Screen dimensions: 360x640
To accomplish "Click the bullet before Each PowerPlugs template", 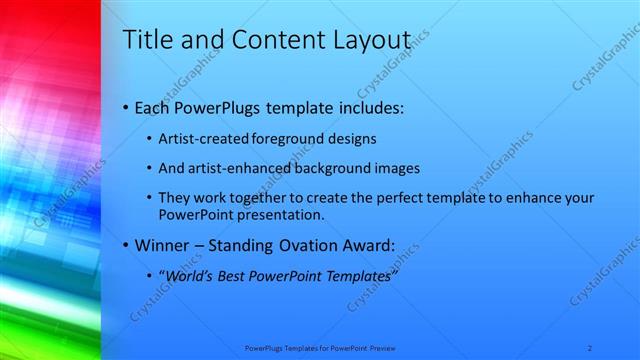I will tap(124, 107).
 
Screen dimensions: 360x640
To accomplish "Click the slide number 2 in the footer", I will tap(590, 348).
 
